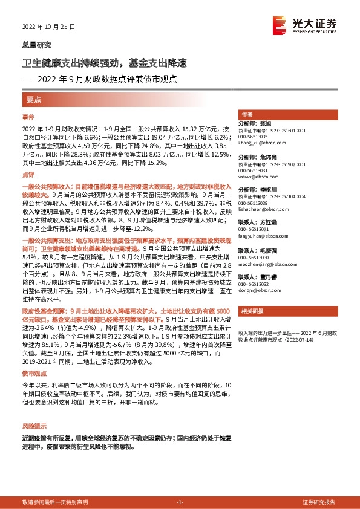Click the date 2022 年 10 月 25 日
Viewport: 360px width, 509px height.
(x=47, y=27)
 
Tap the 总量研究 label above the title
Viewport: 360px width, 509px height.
(x=36, y=45)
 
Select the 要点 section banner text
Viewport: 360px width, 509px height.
(x=34, y=99)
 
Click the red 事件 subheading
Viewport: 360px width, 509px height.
(x=28, y=117)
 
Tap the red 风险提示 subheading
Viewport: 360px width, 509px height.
(x=33, y=426)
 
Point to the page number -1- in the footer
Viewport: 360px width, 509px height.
(x=179, y=502)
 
